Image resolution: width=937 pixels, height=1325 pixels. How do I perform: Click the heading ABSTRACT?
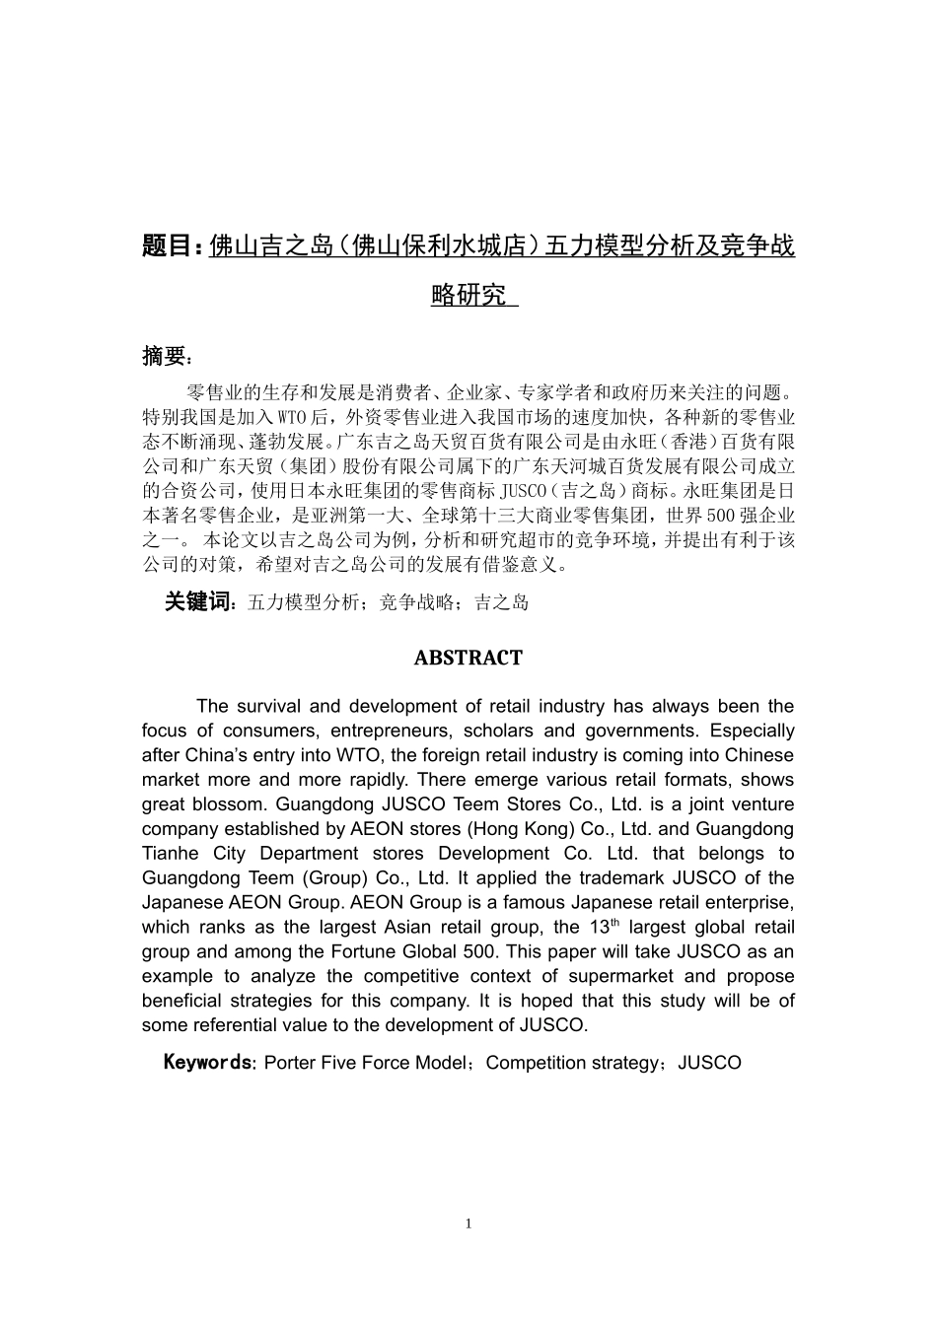[468, 658]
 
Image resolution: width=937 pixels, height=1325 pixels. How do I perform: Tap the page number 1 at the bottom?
[468, 1223]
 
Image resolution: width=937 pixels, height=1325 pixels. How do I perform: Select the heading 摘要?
[162, 356]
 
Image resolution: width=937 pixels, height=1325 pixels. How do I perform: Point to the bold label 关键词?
[197, 601]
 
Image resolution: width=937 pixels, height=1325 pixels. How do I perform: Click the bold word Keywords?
[207, 1062]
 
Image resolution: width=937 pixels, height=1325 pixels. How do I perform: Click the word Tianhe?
[169, 854]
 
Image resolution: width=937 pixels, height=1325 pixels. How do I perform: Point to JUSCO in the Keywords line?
[710, 1063]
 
